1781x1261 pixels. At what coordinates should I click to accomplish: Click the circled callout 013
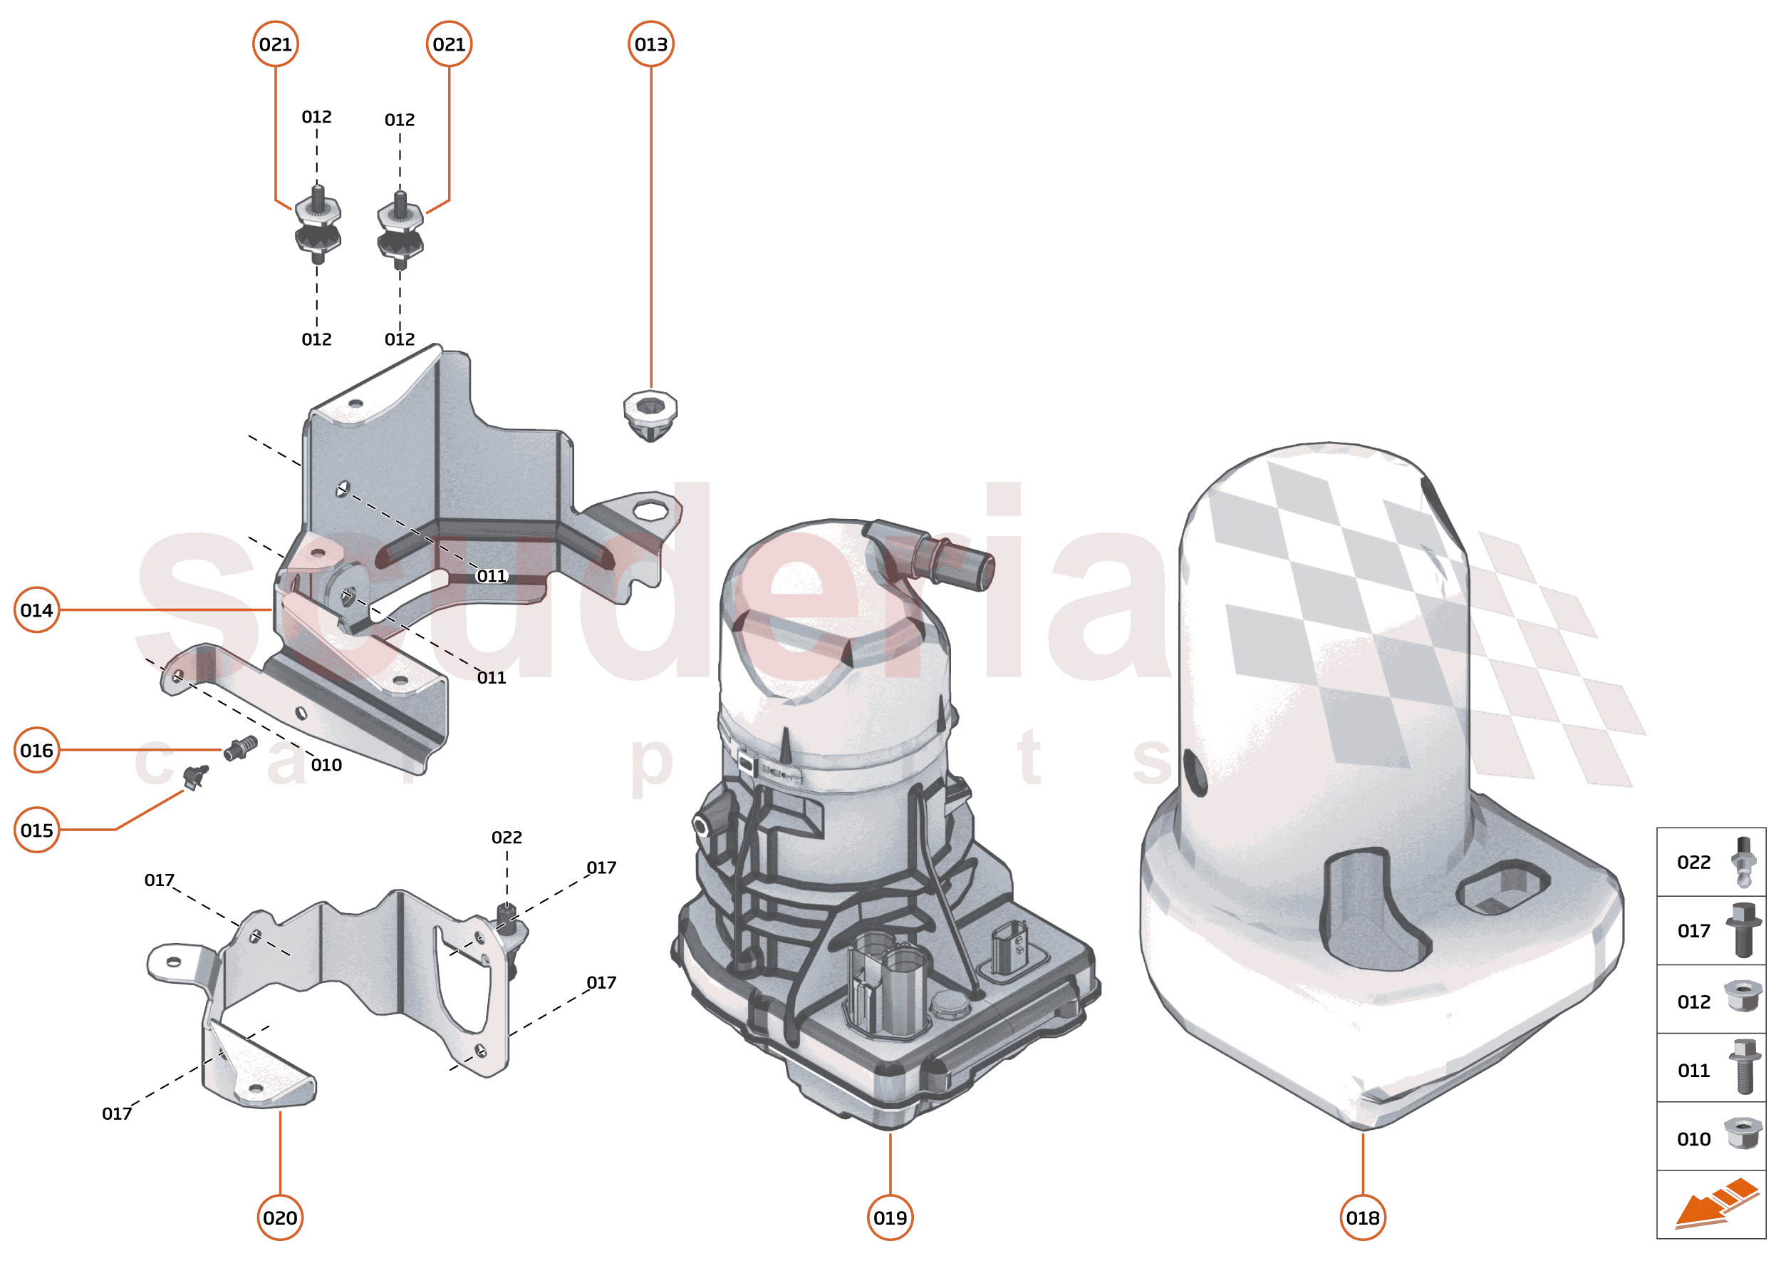pyautogui.click(x=650, y=44)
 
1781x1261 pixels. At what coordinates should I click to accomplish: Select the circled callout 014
pyautogui.click(x=36, y=610)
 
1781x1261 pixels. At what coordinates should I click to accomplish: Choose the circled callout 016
pyautogui.click(x=36, y=750)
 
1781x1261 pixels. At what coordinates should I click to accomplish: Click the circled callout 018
pyautogui.click(x=1363, y=1218)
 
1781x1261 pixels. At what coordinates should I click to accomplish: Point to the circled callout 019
pyautogui.click(x=889, y=1218)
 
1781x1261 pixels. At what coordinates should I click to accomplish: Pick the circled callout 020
pyautogui.click(x=279, y=1218)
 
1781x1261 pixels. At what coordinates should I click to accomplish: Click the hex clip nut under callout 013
pyautogui.click(x=650, y=413)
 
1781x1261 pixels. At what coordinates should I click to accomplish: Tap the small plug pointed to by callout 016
pyautogui.click(x=241, y=748)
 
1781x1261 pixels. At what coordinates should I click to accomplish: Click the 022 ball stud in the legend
pyautogui.click(x=1744, y=861)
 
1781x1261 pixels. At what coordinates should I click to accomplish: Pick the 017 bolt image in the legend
pyautogui.click(x=1743, y=930)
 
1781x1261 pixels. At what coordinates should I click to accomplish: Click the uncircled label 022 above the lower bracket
pyautogui.click(x=507, y=837)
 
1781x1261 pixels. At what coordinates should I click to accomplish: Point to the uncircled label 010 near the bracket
pyautogui.click(x=326, y=765)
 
